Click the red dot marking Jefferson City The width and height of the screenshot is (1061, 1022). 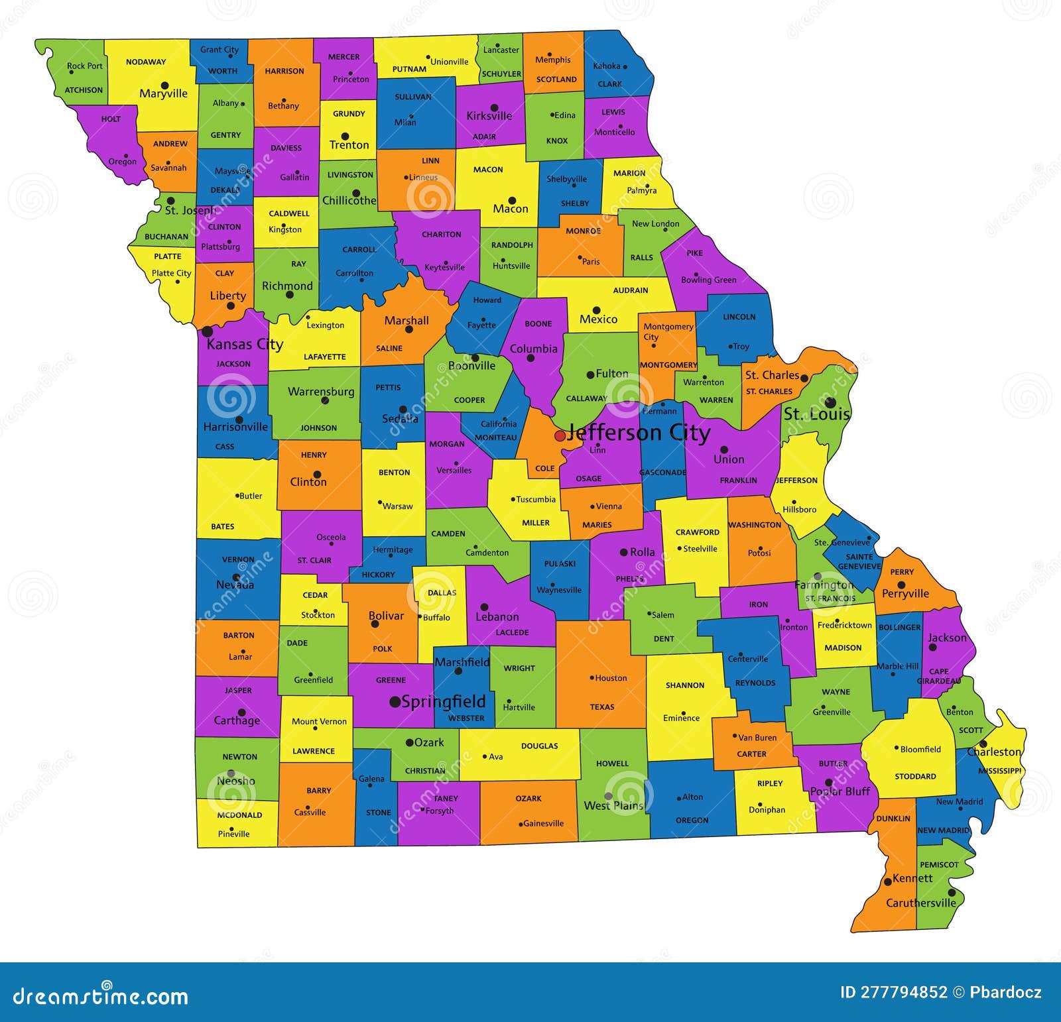[560, 435]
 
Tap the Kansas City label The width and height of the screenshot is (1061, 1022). [245, 344]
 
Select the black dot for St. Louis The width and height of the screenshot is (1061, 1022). [830, 402]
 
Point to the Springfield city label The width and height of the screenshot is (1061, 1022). [444, 701]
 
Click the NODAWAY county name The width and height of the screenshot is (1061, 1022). [146, 62]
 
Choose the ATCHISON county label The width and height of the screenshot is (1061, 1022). [84, 90]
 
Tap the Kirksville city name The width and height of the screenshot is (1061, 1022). [489, 116]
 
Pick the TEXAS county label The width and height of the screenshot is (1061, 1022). [602, 707]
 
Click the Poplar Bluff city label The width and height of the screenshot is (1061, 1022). [840, 791]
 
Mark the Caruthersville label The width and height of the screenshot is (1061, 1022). [921, 903]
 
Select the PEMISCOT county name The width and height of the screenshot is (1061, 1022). [939, 865]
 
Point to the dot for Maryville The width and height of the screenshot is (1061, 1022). [164, 85]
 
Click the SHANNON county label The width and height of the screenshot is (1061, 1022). [685, 685]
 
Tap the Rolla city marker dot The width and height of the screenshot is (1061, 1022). [623, 552]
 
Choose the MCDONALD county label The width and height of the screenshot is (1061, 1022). [240, 815]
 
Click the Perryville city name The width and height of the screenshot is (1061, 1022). [905, 594]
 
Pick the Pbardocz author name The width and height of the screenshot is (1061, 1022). [1005, 992]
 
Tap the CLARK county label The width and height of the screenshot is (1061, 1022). [609, 84]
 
